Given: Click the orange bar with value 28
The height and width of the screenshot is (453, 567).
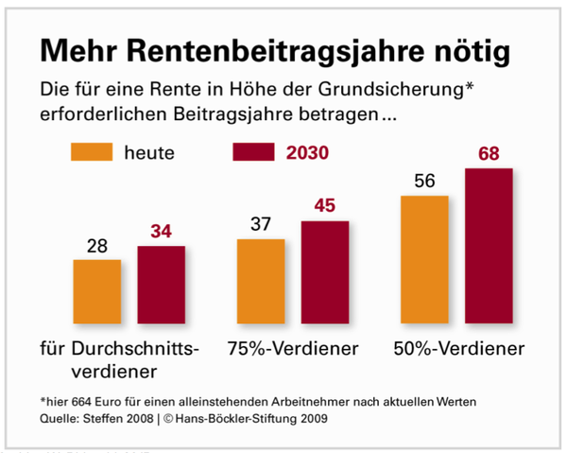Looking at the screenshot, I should click(x=96, y=291).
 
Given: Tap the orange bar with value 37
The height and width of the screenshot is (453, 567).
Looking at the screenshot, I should click(x=261, y=281).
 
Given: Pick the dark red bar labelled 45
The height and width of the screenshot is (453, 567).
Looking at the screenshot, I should click(x=325, y=272).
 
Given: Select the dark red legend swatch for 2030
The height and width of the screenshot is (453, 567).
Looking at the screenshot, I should click(x=255, y=151).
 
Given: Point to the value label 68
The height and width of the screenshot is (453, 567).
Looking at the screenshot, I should click(x=489, y=152).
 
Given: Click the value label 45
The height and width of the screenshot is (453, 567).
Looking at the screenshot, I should click(x=326, y=205).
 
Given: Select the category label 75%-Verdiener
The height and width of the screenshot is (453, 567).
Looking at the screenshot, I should click(x=294, y=348).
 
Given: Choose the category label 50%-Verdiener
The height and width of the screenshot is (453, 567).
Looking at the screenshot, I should click(x=458, y=348).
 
